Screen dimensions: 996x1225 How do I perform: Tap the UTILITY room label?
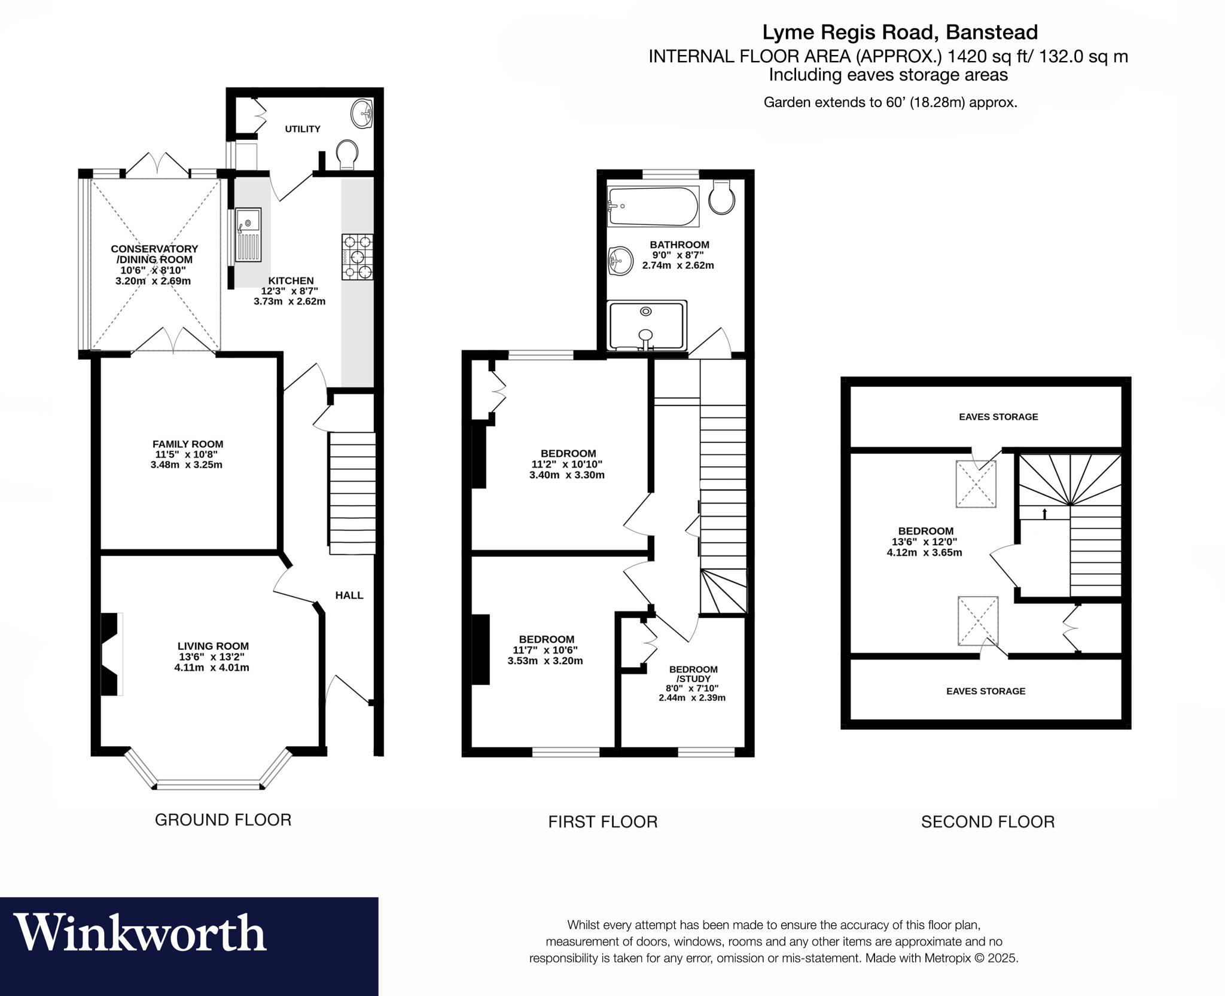(303, 129)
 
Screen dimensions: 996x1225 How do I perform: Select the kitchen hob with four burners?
(357, 257)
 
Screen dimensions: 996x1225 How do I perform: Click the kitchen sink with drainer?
(248, 234)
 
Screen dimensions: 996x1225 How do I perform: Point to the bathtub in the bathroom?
(653, 206)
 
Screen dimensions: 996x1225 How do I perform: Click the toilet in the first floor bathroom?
(722, 197)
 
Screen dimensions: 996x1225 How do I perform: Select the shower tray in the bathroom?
(646, 325)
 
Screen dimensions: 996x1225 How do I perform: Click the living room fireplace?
(110, 654)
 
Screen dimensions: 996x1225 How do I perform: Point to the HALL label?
(349, 595)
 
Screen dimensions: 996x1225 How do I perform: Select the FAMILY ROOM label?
(188, 444)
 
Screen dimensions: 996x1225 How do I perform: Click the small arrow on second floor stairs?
(1044, 514)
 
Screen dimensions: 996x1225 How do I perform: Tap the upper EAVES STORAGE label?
(998, 417)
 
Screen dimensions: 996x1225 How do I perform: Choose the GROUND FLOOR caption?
(223, 820)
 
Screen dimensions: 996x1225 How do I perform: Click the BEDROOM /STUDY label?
(693, 674)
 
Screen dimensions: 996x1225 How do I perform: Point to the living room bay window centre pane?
(209, 785)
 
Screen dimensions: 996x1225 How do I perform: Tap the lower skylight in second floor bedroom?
(977, 621)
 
